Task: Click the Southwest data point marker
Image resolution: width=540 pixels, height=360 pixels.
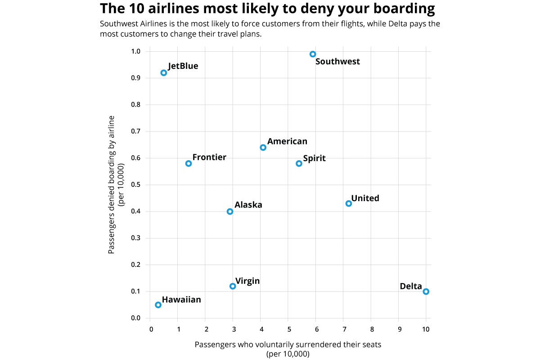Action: pos(313,54)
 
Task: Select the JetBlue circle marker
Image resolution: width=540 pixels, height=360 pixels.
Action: pos(164,73)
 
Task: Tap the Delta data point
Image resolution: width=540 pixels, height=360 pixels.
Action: pos(426,292)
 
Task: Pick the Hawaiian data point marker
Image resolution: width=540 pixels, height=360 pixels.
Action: pos(158,305)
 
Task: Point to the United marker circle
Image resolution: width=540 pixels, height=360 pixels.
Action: pos(349,203)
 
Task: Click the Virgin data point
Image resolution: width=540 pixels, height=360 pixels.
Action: pos(233,286)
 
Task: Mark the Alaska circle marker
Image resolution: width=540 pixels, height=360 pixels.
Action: pos(230,211)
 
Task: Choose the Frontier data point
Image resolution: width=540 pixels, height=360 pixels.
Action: pos(189,163)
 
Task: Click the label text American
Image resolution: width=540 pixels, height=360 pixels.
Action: pos(287,141)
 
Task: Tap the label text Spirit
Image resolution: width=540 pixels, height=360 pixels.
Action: pos(314,158)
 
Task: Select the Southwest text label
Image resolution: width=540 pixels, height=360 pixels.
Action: pos(337,62)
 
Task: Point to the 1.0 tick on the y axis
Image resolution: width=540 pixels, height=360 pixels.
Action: pos(136,51)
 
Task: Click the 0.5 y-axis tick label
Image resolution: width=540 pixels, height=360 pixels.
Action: pos(136,185)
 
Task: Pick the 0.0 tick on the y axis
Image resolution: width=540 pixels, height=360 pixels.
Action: pos(136,318)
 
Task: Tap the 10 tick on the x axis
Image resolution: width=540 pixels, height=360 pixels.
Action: pos(426,329)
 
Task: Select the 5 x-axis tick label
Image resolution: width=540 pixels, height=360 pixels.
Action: pos(288,329)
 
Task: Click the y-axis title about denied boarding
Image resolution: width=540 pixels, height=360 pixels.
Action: pos(116,184)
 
